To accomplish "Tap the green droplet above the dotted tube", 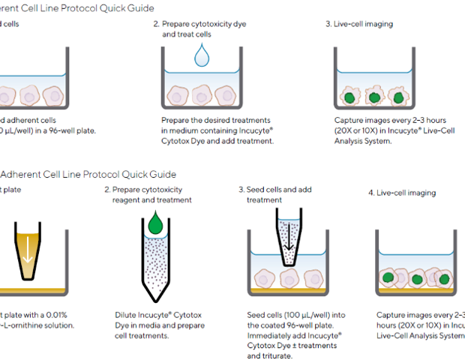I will [x=156, y=222].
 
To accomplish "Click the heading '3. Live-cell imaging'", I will [x=358, y=24].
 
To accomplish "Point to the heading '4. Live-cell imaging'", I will [x=402, y=193].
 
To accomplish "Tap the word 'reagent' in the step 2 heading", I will [x=128, y=200].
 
